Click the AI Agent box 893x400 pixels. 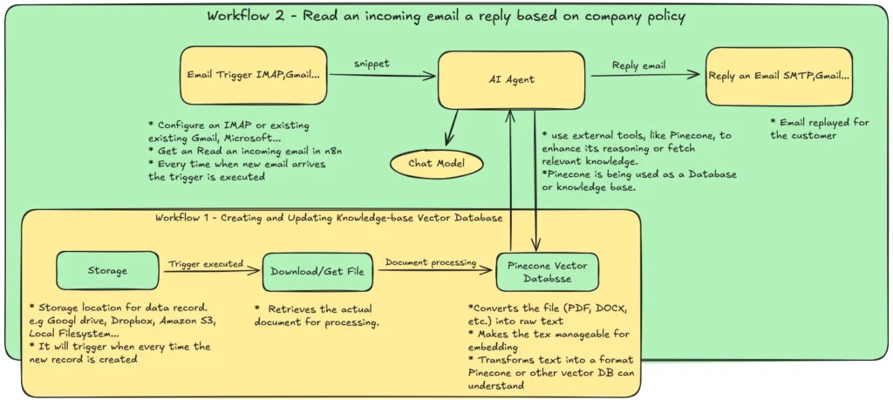510,79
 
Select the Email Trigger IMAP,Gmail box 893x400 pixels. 254,75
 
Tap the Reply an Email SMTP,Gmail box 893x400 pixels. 779,76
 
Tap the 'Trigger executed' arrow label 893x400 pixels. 206,263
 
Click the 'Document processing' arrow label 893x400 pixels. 431,262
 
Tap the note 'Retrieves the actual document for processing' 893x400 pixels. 316,315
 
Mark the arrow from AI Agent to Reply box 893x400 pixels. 644,77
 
